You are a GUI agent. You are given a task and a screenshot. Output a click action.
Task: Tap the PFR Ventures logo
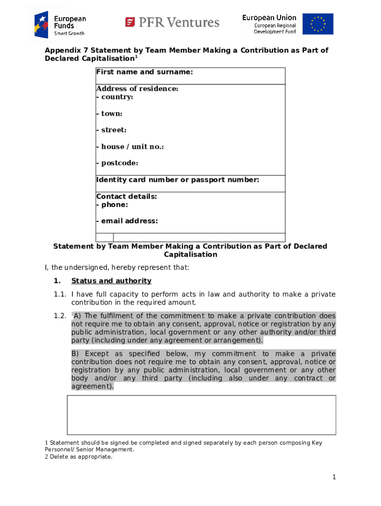pyautogui.click(x=172, y=22)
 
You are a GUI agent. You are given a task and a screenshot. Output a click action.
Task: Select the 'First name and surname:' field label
pyautogui.click(x=144, y=72)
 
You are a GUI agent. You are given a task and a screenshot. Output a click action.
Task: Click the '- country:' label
pyautogui.click(x=114, y=97)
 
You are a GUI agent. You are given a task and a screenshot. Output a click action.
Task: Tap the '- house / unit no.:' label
pyautogui.click(x=130, y=147)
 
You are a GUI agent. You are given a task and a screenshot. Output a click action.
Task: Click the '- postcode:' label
pyautogui.click(x=117, y=163)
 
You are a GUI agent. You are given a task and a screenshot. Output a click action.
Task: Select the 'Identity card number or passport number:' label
pyautogui.click(x=177, y=180)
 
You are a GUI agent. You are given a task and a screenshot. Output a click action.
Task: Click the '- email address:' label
pyautogui.click(x=127, y=221)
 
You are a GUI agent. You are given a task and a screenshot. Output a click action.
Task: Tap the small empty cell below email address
pyautogui.click(x=104, y=237)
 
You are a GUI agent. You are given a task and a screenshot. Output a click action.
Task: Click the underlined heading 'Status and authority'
pyautogui.click(x=111, y=281)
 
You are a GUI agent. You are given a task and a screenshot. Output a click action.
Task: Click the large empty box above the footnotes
pyautogui.click(x=201, y=415)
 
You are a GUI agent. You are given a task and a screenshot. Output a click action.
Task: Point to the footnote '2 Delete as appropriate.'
pyautogui.click(x=78, y=457)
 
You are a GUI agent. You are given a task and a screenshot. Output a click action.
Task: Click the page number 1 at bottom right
pyautogui.click(x=334, y=477)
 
